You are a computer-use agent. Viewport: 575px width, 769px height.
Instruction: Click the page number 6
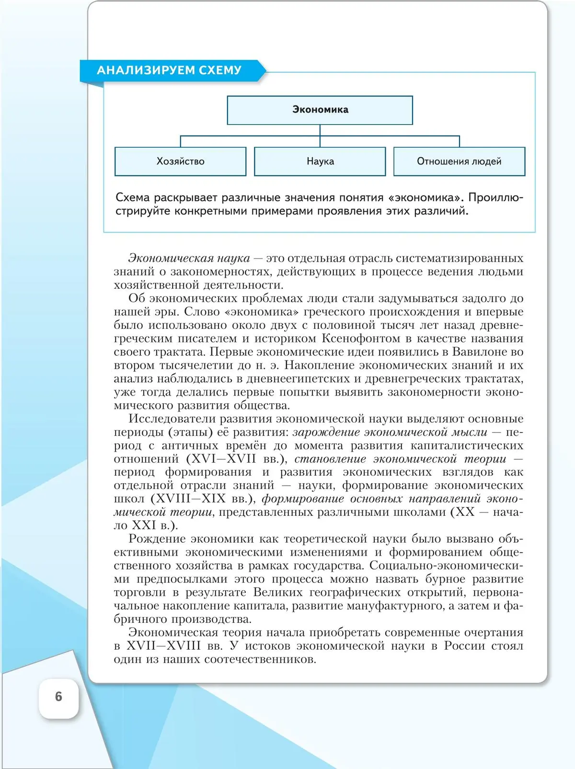58,697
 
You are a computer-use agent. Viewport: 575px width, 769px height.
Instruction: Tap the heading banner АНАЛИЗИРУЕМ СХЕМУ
169,70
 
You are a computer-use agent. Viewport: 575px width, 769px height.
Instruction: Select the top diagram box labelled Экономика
320,110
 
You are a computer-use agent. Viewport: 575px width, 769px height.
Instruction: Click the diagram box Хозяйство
180,162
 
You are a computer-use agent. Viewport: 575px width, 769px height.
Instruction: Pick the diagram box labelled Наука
320,162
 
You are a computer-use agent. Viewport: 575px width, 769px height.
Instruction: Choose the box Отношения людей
459,162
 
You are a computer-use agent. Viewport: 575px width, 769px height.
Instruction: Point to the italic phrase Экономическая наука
189,258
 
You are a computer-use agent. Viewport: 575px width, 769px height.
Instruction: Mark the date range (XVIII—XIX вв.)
204,499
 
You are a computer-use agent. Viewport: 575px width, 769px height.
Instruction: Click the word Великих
277,593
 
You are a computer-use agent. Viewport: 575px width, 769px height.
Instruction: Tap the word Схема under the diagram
133,198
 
